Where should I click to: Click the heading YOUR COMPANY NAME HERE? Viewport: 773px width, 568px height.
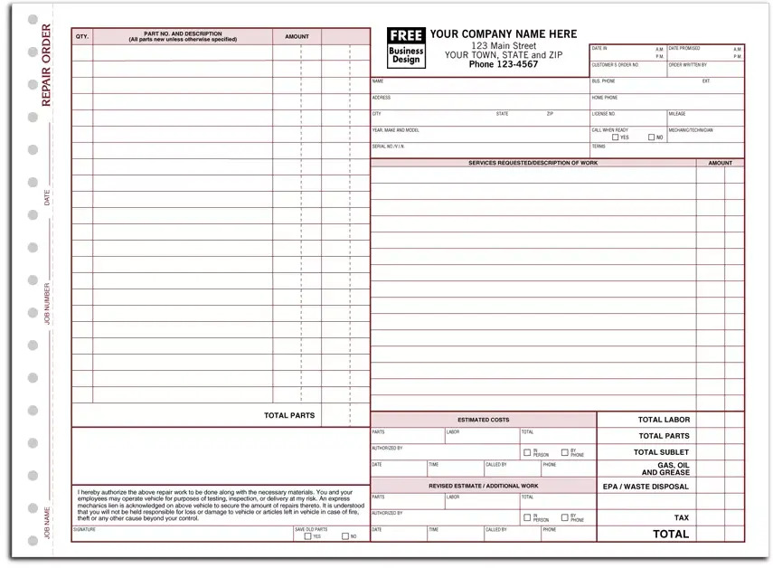503,34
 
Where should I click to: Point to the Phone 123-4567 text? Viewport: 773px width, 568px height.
503,64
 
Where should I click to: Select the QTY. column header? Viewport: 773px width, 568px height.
82,37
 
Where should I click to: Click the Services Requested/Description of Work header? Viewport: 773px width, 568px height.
533,163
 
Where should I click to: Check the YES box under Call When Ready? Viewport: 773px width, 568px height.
616,137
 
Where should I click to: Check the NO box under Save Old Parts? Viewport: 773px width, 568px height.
344,536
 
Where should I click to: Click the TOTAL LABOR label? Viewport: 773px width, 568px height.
664,420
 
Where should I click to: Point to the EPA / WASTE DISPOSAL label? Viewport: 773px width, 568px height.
646,487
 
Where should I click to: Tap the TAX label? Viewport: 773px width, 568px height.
682,518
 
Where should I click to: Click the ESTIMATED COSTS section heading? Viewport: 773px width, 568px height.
483,421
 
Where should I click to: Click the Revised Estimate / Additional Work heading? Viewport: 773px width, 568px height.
483,486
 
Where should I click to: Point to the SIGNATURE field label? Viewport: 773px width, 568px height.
84,529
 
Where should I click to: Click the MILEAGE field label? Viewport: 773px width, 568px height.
677,114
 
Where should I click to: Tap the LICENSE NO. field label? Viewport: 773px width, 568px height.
604,114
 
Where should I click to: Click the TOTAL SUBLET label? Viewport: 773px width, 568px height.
661,452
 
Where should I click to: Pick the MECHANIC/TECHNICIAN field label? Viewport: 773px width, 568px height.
691,130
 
